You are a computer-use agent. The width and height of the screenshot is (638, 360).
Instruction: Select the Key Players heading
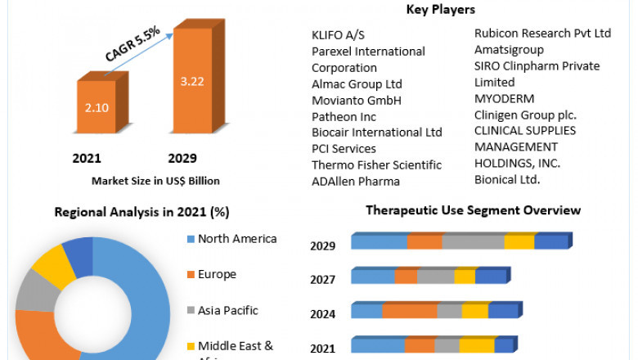click(x=441, y=10)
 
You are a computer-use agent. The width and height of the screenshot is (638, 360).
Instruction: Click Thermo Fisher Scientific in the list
click(x=376, y=164)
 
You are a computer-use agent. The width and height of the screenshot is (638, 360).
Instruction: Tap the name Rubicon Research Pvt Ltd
click(x=542, y=34)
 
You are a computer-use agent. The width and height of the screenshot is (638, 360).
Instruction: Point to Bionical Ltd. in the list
click(x=507, y=179)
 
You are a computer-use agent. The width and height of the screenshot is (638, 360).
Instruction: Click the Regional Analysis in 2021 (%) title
click(x=142, y=212)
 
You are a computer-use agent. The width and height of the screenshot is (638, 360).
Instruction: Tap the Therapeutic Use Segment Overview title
click(x=473, y=210)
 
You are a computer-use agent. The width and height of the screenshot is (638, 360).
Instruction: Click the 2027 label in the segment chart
click(x=322, y=280)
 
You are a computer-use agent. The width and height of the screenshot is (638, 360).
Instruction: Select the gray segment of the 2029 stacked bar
click(x=473, y=241)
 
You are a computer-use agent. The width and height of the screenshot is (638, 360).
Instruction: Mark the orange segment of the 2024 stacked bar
click(x=409, y=311)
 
